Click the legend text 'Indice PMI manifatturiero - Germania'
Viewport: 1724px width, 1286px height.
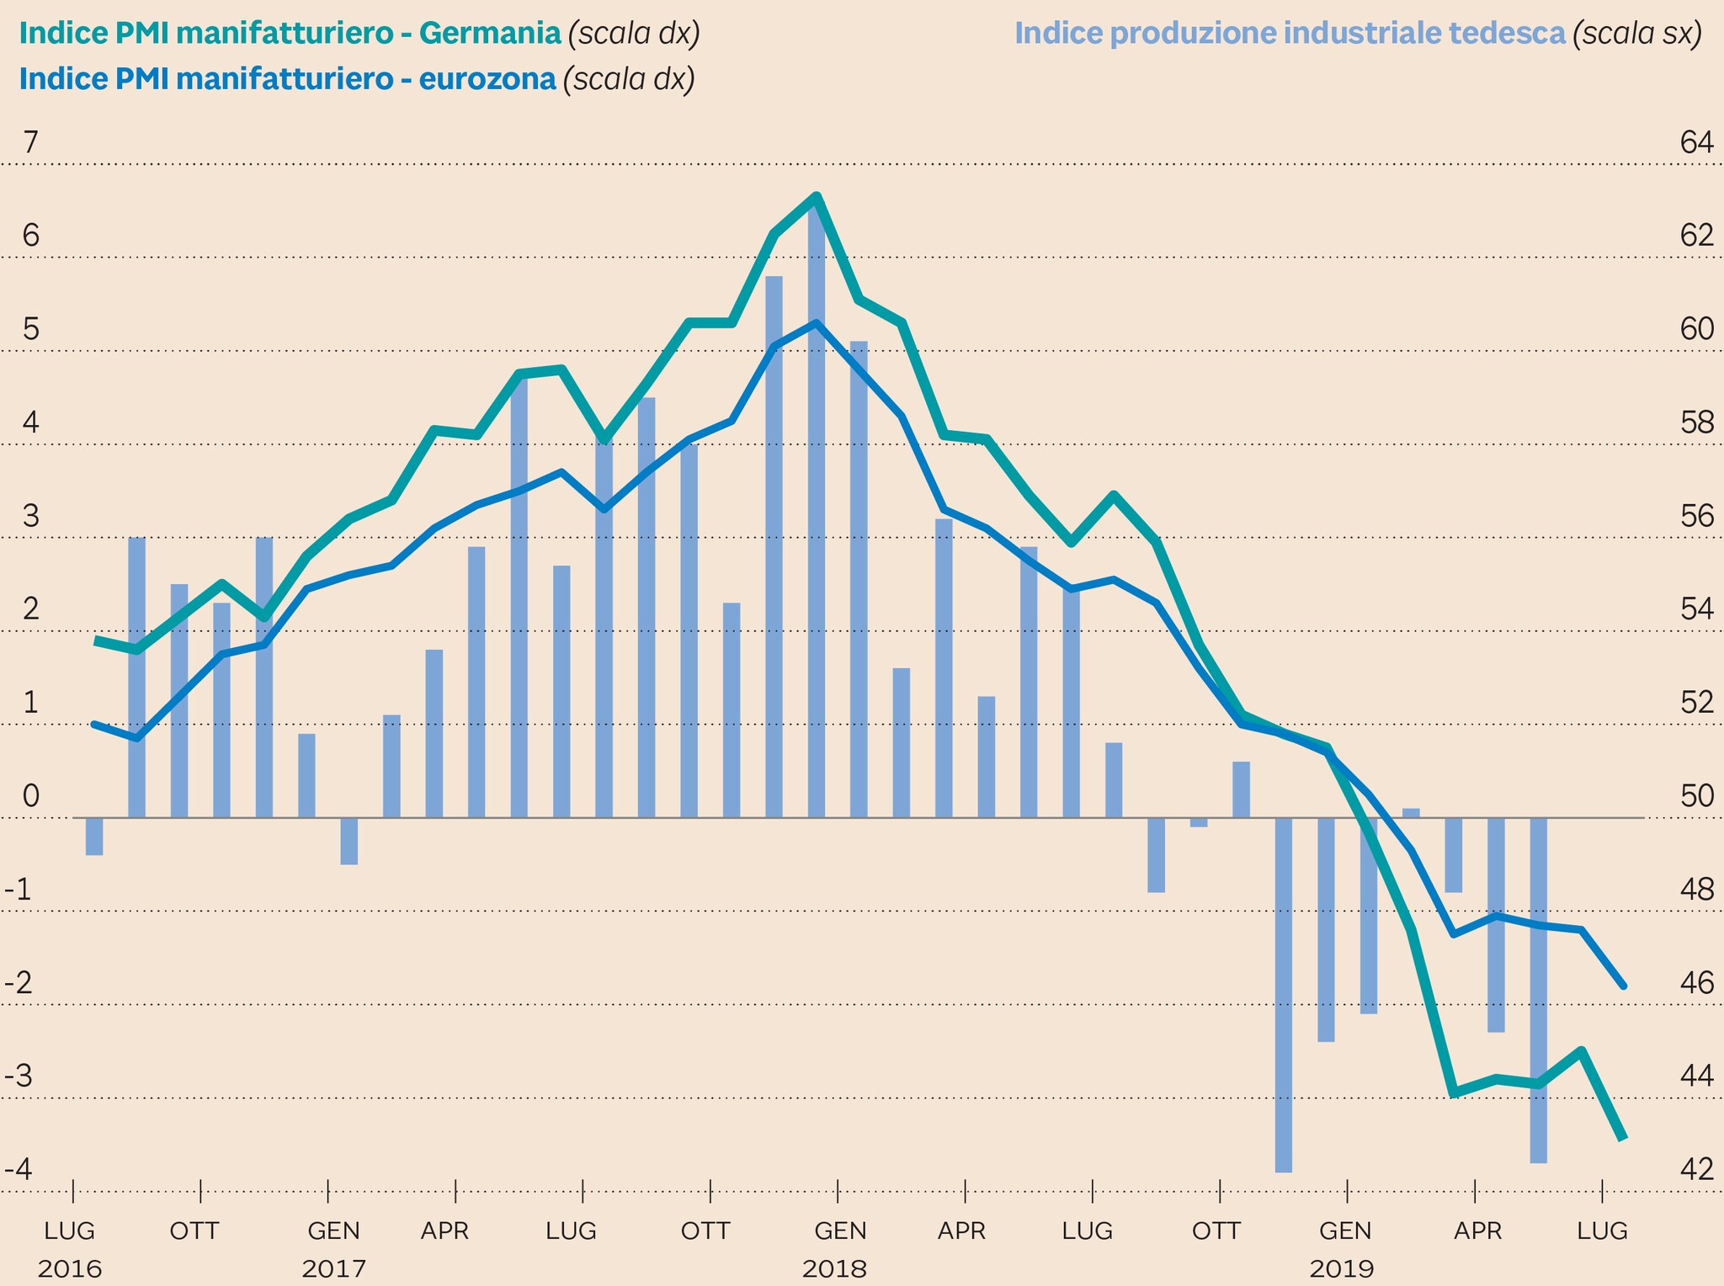[290, 34]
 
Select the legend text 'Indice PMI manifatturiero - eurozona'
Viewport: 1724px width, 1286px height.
[287, 79]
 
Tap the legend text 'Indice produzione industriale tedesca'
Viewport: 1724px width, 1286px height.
[1290, 34]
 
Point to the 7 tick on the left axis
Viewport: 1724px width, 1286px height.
[30, 143]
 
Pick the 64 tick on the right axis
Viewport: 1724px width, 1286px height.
[1696, 143]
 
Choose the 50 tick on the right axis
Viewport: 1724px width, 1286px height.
[1696, 795]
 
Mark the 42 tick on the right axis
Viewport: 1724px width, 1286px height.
[1696, 1169]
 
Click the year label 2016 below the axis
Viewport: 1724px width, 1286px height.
[70, 1268]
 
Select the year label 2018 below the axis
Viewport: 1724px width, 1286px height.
[834, 1268]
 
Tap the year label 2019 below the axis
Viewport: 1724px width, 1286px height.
[1343, 1268]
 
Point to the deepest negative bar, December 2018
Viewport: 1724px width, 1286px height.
[1284, 993]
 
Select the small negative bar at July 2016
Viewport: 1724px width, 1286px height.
[94, 837]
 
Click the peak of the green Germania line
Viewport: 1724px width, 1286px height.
[816, 197]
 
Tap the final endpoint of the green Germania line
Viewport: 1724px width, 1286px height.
[1622, 1137]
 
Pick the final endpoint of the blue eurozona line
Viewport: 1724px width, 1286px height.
[1623, 986]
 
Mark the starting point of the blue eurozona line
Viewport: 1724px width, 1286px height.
[94, 724]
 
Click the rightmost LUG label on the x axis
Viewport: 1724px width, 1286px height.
[1601, 1231]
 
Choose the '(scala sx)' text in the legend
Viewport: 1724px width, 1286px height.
[1637, 34]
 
